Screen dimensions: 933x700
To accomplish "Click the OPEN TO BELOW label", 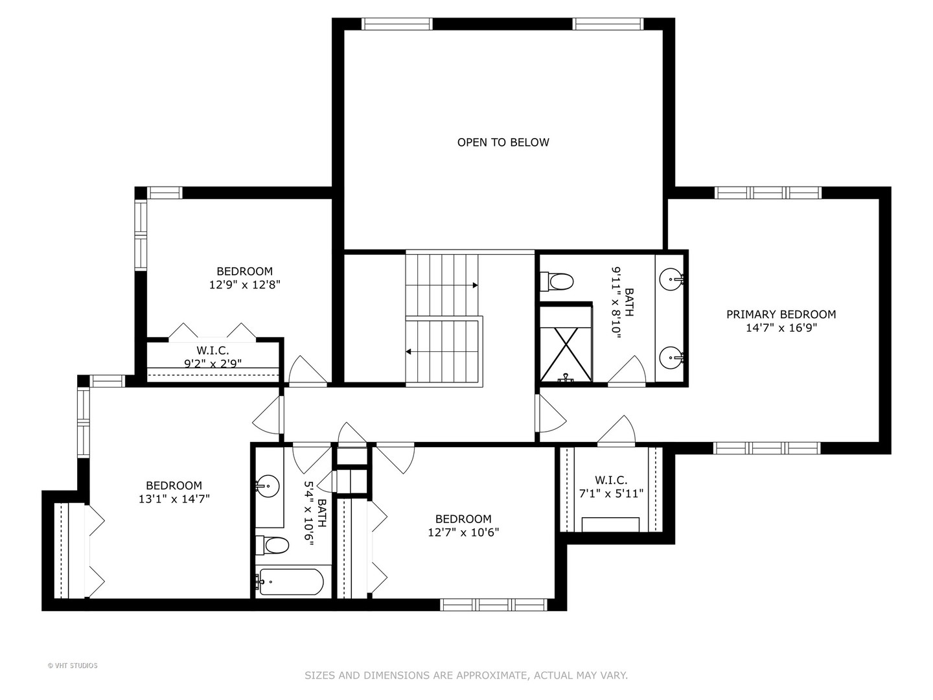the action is (x=503, y=143).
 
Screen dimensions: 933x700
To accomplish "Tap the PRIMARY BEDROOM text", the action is (x=781, y=314).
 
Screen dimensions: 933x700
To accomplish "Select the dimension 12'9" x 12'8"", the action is (x=244, y=285).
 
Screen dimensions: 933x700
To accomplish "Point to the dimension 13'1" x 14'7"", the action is (x=174, y=499).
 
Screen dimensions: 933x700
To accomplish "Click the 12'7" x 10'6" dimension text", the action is (x=463, y=533).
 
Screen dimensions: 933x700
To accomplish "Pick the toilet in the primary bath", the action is (x=557, y=281).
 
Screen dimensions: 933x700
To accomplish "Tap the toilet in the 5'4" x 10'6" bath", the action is (x=272, y=545).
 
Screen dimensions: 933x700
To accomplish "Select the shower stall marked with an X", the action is (x=566, y=355).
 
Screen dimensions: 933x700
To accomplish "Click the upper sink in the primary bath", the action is (x=671, y=279).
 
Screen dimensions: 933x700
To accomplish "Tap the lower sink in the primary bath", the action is (x=671, y=357).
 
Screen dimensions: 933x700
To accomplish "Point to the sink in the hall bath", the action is (x=268, y=486).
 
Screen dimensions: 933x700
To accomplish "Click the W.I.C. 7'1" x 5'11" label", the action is (x=611, y=487).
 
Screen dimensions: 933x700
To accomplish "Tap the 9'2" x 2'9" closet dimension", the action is (x=213, y=364).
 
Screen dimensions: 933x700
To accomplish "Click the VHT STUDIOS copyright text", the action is (x=73, y=666).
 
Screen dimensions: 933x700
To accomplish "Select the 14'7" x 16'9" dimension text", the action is (x=781, y=328).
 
